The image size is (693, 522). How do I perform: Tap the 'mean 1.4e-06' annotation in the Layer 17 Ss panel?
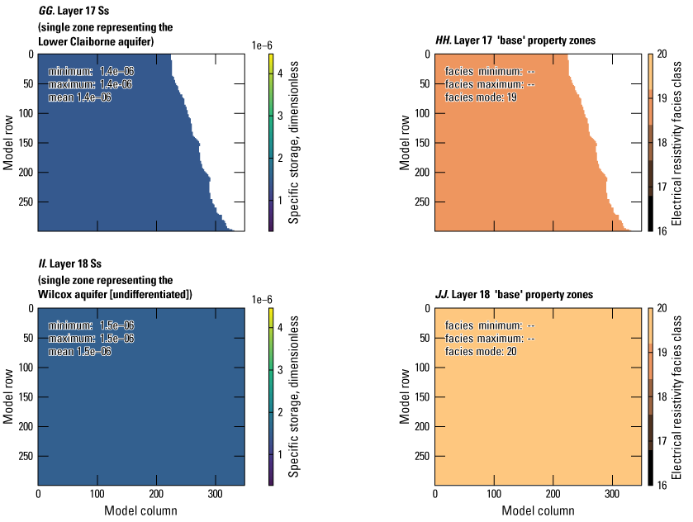pyautogui.click(x=79, y=97)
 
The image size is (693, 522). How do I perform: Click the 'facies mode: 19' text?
pyautogui.click(x=482, y=97)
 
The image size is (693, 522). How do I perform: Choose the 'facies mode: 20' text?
pyautogui.click(x=482, y=351)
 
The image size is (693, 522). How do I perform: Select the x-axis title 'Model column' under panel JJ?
pyautogui.click(x=537, y=510)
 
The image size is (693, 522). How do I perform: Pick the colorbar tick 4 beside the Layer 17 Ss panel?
pyautogui.click(x=281, y=74)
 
